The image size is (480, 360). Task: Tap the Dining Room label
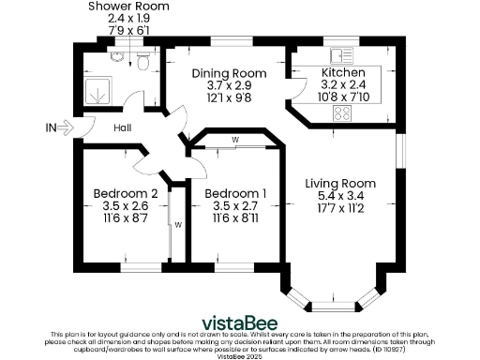click(223, 73)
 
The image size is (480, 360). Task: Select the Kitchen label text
click(343, 73)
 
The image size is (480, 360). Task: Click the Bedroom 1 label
click(234, 194)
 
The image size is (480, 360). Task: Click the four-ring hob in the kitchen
click(342, 113)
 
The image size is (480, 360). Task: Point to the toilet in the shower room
click(142, 62)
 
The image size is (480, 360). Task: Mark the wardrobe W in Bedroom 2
click(175, 224)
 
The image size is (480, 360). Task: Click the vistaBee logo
click(239, 317)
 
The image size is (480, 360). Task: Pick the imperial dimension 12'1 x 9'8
click(223, 97)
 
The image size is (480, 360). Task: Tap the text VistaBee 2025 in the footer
click(239, 355)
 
